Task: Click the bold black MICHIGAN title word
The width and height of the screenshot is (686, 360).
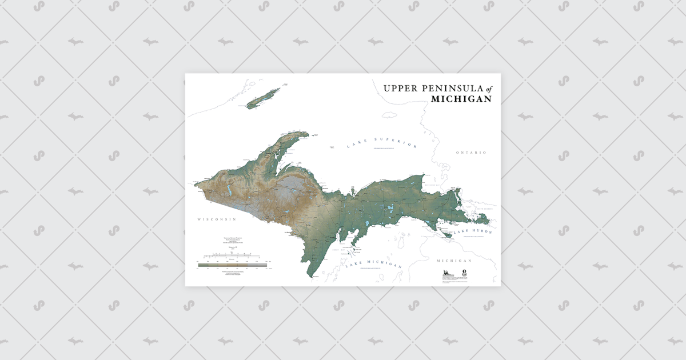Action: click(x=461, y=99)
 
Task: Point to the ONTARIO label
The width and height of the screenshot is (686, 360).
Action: click(x=471, y=153)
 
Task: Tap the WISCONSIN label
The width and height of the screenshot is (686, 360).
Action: click(x=217, y=219)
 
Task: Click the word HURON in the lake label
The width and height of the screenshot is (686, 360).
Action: click(x=479, y=231)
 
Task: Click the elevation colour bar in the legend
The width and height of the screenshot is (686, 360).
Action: click(x=232, y=265)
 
